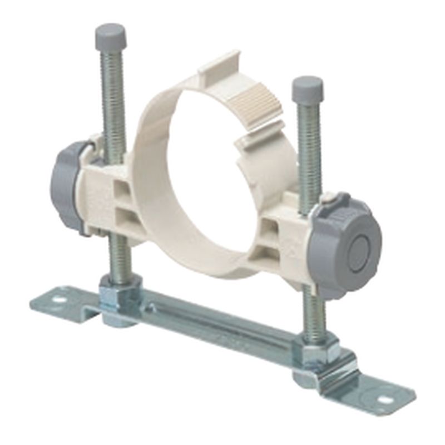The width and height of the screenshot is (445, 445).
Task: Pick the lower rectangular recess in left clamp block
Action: (124, 215)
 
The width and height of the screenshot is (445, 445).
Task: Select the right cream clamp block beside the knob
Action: (284, 234)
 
